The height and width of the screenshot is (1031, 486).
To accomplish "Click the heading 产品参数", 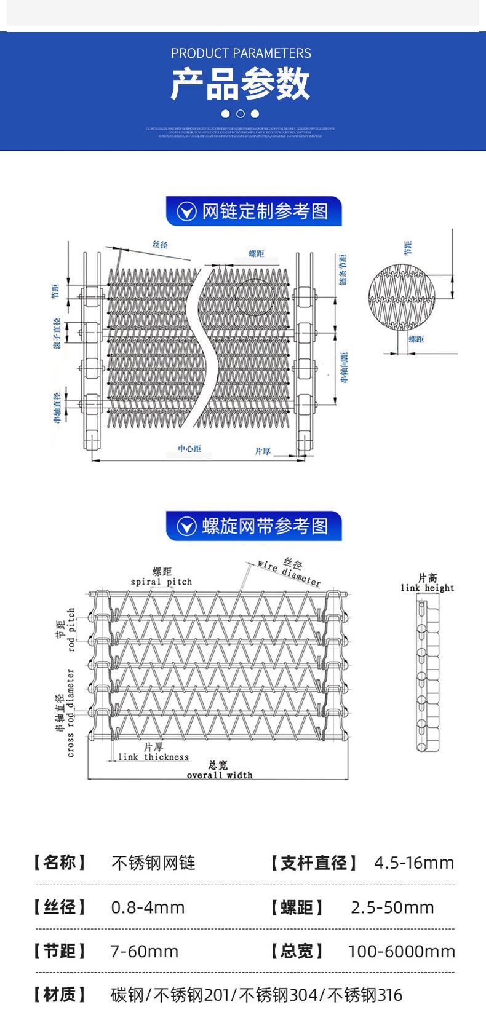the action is tap(241, 84).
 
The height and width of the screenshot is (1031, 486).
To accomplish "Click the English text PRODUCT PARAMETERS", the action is tap(241, 53).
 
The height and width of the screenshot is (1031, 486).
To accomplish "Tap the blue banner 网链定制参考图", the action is tap(253, 211).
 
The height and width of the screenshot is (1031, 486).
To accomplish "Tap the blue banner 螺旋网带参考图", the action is tap(253, 526).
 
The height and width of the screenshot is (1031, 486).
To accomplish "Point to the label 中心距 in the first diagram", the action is tap(189, 449).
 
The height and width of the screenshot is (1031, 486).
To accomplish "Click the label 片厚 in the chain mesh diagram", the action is tap(263, 451).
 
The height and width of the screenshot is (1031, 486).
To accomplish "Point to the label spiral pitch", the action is tap(161, 582).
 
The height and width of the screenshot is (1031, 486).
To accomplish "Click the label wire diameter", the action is tap(289, 573).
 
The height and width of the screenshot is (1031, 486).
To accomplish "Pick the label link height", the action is tap(427, 588).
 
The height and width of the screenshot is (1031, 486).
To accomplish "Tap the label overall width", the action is tap(220, 775).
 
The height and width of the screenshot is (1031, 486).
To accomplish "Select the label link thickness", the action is tap(153, 757).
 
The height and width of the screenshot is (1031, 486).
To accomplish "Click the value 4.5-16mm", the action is tap(414, 863).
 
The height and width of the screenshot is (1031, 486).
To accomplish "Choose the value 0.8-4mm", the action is tap(148, 907).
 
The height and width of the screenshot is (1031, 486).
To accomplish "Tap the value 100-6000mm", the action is tap(401, 952).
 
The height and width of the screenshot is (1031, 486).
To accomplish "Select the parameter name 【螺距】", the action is tap(297, 907).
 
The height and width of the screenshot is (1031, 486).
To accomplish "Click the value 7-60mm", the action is tap(144, 952).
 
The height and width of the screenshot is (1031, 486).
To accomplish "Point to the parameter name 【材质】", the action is tap(60, 994).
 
